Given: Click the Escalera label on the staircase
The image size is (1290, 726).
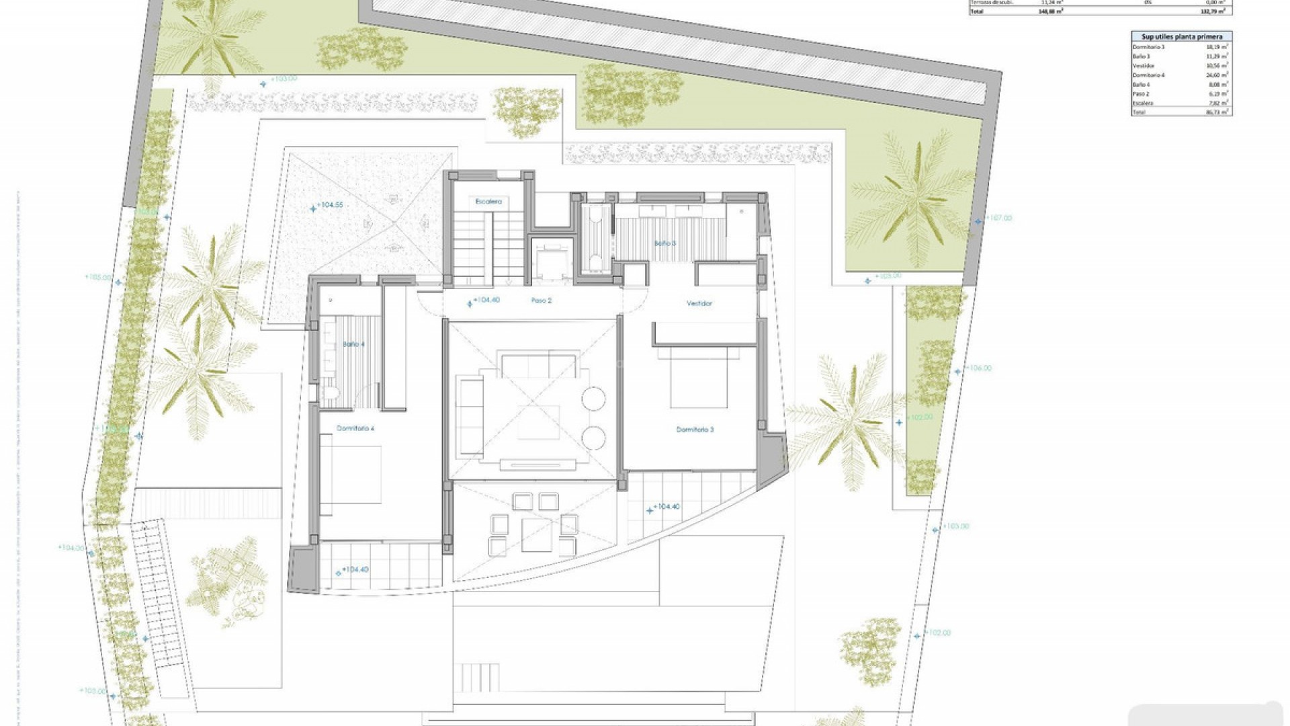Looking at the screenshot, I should click(x=488, y=201).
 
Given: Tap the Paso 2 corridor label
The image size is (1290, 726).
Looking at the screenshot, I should click(x=541, y=300).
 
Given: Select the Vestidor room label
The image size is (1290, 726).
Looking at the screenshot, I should click(x=699, y=303).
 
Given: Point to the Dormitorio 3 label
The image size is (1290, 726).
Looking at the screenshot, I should click(x=695, y=429).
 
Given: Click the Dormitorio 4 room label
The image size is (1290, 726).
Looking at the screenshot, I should click(x=355, y=428).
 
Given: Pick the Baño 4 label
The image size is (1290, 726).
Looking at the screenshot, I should click(x=353, y=344).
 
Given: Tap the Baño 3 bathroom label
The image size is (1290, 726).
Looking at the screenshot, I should click(x=665, y=243).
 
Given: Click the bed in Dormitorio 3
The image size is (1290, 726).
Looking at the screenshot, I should click(x=699, y=376).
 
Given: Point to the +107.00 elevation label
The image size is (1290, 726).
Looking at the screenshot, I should click(x=998, y=218).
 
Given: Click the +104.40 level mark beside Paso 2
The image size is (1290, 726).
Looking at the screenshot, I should click(x=485, y=300).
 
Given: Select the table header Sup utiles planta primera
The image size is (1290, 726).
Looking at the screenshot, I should click(x=1181, y=37).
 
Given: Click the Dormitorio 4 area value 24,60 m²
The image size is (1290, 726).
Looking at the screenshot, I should click(x=1217, y=75).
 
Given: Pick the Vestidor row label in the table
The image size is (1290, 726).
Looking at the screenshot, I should click(x=1143, y=66).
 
